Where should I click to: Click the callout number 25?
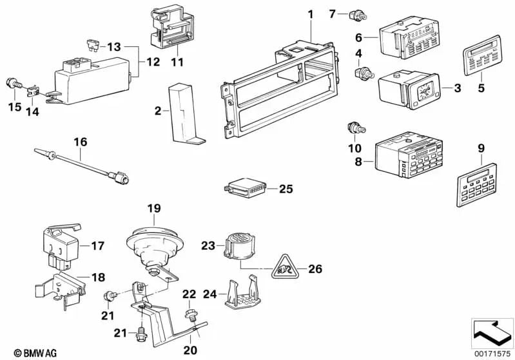coord(285,189)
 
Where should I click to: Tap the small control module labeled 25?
coord(244,189)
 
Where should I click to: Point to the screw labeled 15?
coord(14,84)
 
